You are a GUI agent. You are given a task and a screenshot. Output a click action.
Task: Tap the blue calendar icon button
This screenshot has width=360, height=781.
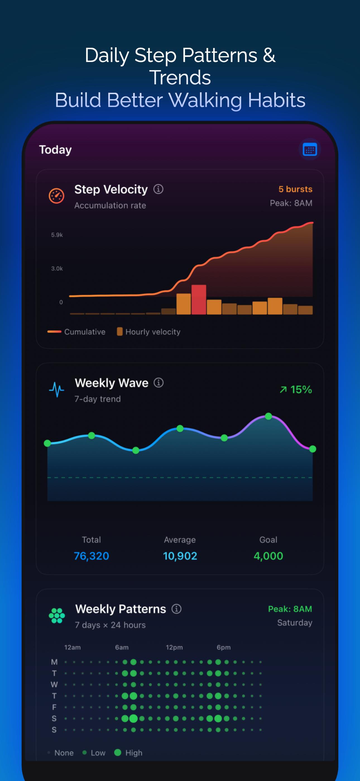click(x=309, y=149)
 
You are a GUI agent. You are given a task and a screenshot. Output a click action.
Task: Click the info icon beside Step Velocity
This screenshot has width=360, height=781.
click(x=158, y=189)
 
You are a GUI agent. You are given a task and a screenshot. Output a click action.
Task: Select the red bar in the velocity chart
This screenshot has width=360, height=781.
click(x=198, y=299)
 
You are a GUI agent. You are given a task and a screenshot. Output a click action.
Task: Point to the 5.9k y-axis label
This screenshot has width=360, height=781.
click(x=57, y=235)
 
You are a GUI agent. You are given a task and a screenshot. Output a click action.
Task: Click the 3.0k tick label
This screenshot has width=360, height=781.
click(x=57, y=269)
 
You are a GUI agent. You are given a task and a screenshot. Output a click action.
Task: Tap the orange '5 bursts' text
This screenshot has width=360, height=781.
click(x=295, y=189)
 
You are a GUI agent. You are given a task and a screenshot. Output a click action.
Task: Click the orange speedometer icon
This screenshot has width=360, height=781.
click(x=56, y=196)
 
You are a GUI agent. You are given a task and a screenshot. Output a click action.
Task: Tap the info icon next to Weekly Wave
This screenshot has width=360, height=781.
click(x=159, y=383)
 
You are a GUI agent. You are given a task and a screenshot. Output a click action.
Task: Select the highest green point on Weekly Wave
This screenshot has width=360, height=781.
click(x=268, y=416)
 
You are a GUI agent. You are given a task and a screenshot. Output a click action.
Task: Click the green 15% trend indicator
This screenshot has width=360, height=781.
click(x=296, y=390)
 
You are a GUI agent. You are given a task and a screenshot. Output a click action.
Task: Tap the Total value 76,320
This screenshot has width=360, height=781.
click(x=91, y=556)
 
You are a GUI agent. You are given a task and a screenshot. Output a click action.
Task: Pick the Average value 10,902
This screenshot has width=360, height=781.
click(x=180, y=556)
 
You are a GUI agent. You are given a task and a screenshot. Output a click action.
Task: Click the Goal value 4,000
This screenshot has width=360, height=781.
click(x=268, y=556)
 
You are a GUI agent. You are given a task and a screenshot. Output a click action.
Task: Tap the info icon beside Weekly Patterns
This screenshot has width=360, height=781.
click(x=176, y=609)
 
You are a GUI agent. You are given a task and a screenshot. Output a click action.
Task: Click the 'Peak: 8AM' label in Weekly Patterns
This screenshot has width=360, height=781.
click(x=290, y=609)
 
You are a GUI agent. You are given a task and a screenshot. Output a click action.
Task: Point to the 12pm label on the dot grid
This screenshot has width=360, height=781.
click(x=174, y=647)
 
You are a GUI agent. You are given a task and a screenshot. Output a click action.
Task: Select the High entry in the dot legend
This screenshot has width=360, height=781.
click(x=128, y=753)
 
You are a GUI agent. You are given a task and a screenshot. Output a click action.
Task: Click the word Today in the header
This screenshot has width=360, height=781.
click(x=56, y=150)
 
